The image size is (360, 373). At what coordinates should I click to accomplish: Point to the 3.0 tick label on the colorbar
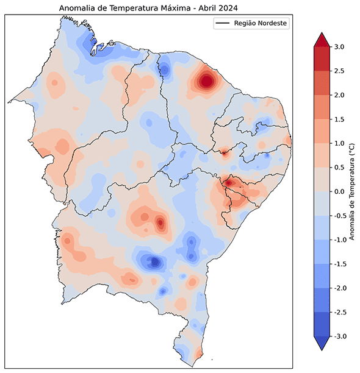click(339, 47)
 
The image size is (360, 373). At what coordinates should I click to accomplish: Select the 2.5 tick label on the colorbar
click(339, 71)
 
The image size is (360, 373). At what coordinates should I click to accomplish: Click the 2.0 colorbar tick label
click(339, 95)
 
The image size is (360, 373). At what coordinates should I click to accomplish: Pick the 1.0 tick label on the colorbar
click(339, 143)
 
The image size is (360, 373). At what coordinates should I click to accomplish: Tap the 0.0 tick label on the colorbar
click(339, 191)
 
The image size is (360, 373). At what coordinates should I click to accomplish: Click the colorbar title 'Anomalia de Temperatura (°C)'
click(353, 191)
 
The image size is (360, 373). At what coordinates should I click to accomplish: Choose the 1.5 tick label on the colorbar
click(339, 119)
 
